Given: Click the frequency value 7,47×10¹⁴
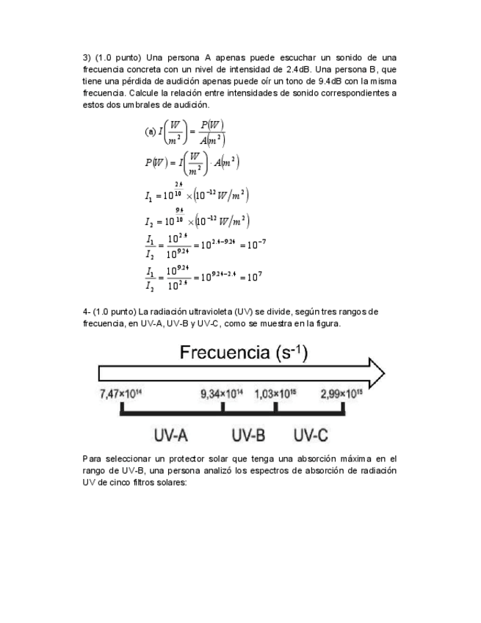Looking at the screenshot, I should point(120,394).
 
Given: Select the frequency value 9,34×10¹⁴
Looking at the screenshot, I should point(222,394).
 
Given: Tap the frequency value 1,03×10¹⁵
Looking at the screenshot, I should point(275,394).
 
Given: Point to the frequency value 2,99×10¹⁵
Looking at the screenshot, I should point(341,394).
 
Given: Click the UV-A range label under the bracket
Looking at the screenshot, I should point(171,435).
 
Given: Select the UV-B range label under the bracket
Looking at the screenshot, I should point(248,435).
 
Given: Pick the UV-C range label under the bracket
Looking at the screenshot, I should point(311,435).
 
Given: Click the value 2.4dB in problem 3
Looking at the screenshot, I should point(297,69).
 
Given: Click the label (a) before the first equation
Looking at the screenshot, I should point(151,132).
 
